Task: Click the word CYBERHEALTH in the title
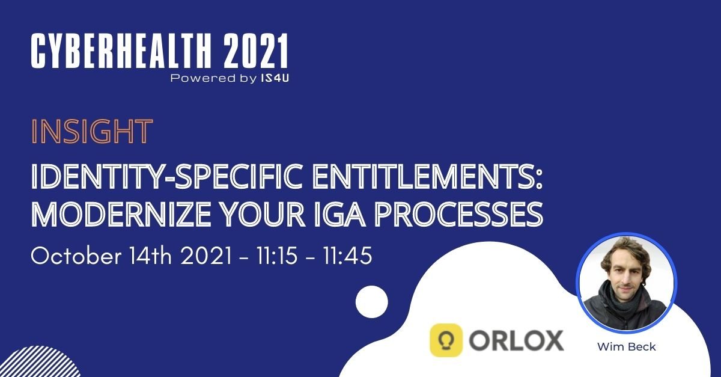[121, 51]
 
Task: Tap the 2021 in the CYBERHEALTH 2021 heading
[255, 51]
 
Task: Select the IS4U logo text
[275, 78]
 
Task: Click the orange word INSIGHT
[92, 131]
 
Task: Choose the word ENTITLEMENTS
[427, 177]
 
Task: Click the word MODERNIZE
[121, 214]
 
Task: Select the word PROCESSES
[459, 214]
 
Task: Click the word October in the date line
[76, 256]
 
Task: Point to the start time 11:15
[277, 256]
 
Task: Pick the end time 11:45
[348, 256]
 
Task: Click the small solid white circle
[372, 302]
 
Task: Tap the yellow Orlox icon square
[446, 340]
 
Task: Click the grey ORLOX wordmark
[516, 340]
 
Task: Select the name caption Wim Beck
[626, 347]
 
